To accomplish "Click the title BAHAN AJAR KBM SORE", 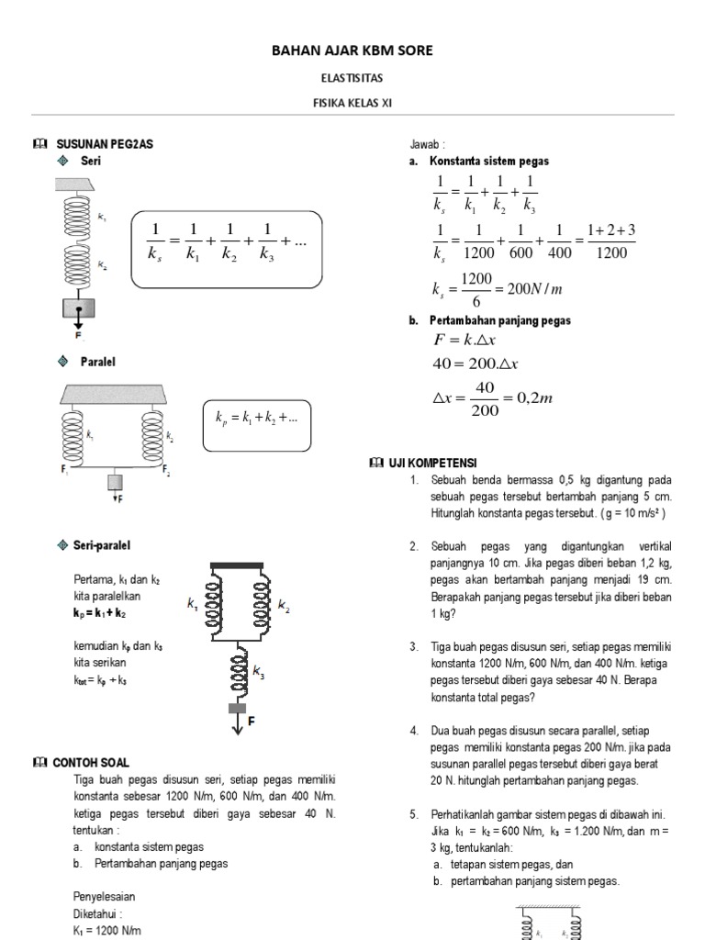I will (x=352, y=50).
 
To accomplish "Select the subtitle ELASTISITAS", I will (x=352, y=80).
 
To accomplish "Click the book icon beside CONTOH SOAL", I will (x=39, y=763).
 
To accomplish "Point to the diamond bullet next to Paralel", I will (x=62, y=362).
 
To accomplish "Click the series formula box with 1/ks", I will (x=227, y=249).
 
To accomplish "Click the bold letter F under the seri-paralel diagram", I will (x=251, y=722).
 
